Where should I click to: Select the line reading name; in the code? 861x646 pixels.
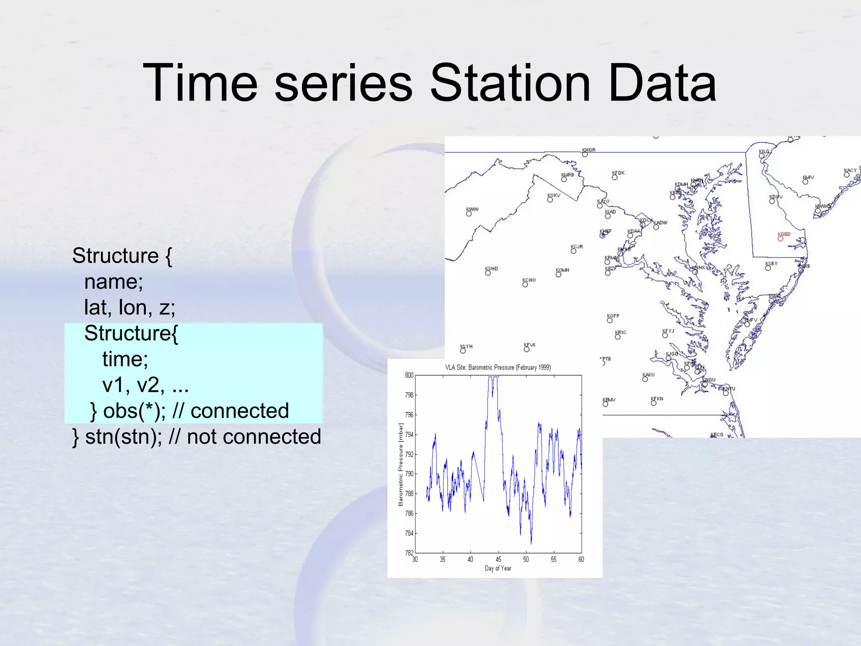[x=114, y=281]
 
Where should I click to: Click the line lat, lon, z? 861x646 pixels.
[x=129, y=307]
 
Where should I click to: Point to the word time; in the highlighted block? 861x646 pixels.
[x=125, y=359]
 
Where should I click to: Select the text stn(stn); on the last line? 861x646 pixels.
[x=124, y=437]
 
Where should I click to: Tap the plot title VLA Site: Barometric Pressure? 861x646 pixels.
[x=498, y=367]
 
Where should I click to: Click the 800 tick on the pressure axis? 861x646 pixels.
[x=409, y=375]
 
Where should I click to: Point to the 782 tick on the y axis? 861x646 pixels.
[x=409, y=553]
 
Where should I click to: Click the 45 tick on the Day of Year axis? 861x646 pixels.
[x=498, y=559]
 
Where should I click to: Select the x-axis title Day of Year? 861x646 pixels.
[x=498, y=568]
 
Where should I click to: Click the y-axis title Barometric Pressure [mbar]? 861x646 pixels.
[x=401, y=464]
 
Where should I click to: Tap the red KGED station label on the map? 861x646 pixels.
[x=784, y=234]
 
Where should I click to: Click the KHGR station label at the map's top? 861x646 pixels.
[x=589, y=150]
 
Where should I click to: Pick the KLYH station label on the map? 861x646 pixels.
[x=466, y=346]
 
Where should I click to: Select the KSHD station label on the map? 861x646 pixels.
[x=491, y=268]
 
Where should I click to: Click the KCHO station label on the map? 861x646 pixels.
[x=529, y=280]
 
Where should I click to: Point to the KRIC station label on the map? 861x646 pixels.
[x=621, y=332]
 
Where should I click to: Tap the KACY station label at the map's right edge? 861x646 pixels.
[x=850, y=170]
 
